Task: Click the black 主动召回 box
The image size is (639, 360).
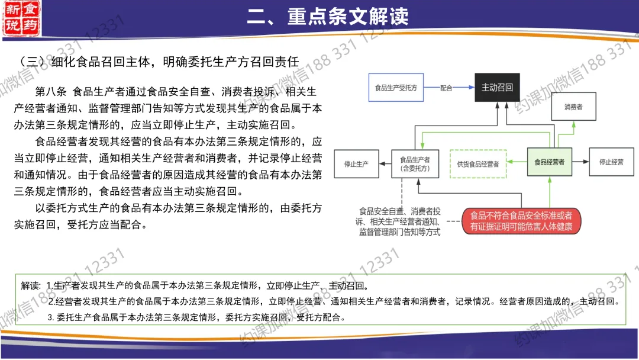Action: point(498,88)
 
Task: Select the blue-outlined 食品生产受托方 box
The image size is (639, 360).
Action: point(396,88)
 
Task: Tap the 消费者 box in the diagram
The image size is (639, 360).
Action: point(573,107)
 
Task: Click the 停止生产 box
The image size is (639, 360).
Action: point(356,163)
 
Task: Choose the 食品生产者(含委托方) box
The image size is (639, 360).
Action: point(414,163)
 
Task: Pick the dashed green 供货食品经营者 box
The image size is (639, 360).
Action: point(478,163)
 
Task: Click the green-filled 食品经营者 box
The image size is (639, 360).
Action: point(549,162)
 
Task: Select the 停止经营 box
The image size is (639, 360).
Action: point(611,162)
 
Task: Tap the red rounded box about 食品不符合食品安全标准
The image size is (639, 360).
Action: point(521,221)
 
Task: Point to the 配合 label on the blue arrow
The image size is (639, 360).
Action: point(446,88)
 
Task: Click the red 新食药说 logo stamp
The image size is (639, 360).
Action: point(22,18)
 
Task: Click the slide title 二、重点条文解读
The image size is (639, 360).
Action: point(327,17)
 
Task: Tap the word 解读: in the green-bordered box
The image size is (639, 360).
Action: point(31,285)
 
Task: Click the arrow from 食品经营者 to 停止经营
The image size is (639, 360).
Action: point(580,162)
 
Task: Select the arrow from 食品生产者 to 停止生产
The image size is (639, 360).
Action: point(385,163)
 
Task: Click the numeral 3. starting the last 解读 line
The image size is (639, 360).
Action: point(51,317)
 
